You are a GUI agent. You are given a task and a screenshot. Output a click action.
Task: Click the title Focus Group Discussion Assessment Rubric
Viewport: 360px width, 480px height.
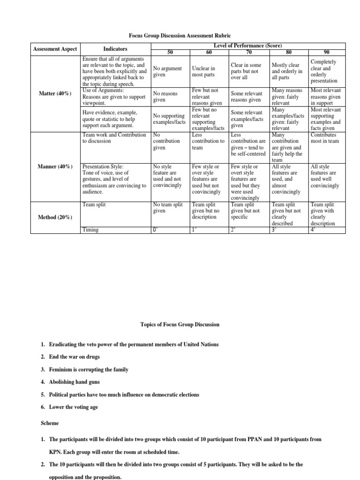180,36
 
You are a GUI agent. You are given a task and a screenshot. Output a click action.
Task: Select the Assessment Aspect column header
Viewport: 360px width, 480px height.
55,49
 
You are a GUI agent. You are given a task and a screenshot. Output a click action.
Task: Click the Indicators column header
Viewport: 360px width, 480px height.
115,49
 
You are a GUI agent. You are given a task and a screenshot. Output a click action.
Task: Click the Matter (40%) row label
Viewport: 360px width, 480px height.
55,93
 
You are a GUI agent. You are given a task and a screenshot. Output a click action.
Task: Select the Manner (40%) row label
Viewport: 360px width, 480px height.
55,166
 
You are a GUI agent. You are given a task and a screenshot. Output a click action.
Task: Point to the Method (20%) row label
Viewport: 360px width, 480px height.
55,217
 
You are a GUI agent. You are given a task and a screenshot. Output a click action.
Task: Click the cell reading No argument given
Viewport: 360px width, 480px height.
167,72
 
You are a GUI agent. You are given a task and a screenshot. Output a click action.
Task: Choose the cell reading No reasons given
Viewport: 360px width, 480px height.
166,97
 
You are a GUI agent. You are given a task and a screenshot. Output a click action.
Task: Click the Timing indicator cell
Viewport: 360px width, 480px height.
90,230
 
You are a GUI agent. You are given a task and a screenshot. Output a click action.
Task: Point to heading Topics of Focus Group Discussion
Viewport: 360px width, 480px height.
180,324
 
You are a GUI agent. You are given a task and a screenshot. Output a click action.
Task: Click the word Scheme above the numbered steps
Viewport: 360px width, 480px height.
50,423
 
